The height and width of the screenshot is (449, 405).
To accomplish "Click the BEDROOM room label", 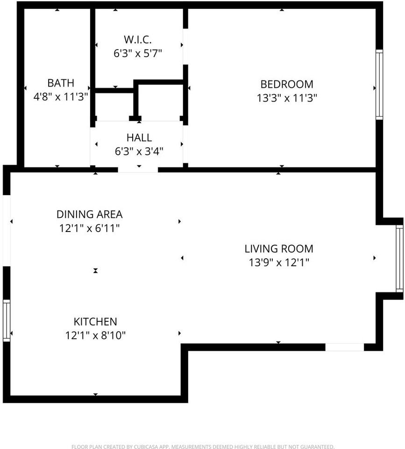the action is [287, 84].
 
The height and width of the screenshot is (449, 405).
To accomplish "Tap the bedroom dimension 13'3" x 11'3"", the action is [287, 98].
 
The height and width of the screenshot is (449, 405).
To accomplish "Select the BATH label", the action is [61, 83].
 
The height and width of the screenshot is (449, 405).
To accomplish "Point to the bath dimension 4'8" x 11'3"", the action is [61, 97].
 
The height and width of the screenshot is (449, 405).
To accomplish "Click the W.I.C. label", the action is [138, 39].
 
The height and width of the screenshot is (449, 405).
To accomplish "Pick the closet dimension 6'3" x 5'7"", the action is [138, 53].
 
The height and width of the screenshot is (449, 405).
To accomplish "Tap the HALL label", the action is [139, 138].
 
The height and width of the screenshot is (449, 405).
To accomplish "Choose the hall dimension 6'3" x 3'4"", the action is [139, 151].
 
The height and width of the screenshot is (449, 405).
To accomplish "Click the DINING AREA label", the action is [90, 215].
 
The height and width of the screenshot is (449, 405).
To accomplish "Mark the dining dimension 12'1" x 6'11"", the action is [90, 228].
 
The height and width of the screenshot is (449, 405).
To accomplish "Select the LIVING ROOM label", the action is [279, 248].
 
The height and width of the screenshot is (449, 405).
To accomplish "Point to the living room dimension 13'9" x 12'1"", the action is [279, 262].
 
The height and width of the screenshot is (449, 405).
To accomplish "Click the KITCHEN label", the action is [96, 322].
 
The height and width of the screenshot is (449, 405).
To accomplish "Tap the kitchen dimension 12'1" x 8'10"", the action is [96, 335].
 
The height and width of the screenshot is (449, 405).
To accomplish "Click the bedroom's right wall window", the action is [379, 85].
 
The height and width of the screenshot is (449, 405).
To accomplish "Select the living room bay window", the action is [399, 259].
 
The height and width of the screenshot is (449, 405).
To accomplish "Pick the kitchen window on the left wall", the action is [7, 321].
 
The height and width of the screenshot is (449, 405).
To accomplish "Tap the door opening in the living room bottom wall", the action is [345, 347].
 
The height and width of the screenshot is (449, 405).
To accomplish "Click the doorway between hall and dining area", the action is [138, 169].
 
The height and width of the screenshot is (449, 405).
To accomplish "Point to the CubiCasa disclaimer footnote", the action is [203, 446].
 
